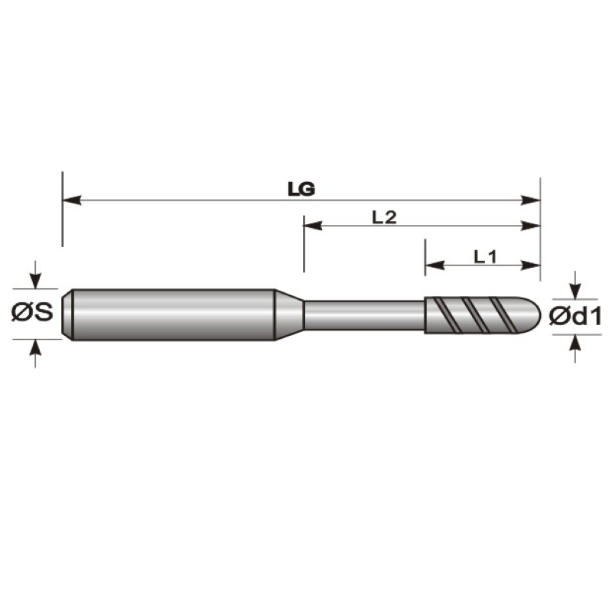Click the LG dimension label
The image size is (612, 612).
[x=301, y=189]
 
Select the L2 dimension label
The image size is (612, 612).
[x=385, y=217]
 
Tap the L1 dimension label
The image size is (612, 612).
[x=485, y=257]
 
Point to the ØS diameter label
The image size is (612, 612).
[x=32, y=312]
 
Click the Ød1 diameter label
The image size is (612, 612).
[x=575, y=316]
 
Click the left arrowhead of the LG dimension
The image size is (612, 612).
[x=72, y=200]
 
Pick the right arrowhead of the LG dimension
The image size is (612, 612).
[x=531, y=200]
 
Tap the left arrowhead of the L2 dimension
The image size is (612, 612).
[x=313, y=226]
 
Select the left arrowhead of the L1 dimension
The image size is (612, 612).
[x=435, y=265]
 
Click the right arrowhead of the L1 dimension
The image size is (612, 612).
[x=531, y=265]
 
